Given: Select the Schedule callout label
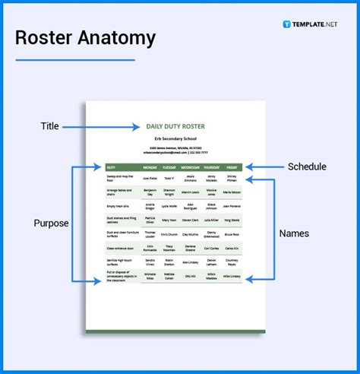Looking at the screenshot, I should click(307, 166).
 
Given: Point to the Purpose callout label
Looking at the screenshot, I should click(50, 223).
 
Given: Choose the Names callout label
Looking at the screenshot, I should click(294, 233).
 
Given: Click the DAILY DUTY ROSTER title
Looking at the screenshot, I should click(175, 125).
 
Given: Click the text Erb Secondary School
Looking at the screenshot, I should click(175, 139).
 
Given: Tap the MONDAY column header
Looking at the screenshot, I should click(150, 166).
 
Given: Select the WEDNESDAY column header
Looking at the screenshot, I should click(190, 166).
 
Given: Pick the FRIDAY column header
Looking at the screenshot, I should click(231, 166).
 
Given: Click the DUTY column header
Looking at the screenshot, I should click(112, 166).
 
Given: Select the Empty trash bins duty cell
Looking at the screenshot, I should click(118, 206).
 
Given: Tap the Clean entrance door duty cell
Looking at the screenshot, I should click(120, 248).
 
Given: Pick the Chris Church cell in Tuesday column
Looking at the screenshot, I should click(169, 234).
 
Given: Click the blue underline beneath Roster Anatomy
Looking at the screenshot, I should click(76, 59).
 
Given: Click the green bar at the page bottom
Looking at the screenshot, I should click(175, 331).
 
